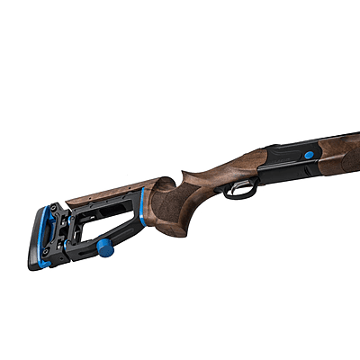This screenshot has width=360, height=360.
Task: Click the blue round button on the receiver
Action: click(x=309, y=155)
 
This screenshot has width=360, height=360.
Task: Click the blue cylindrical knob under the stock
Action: click(x=103, y=245)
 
